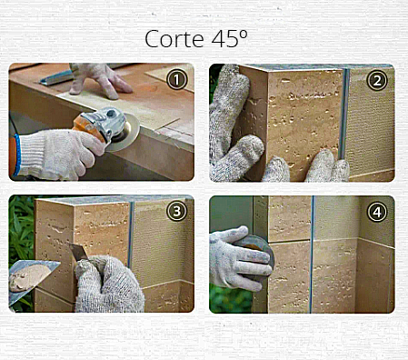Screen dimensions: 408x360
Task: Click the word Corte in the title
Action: tap(174, 39)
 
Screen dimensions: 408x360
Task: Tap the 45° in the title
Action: tap(230, 39)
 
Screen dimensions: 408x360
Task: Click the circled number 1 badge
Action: tap(177, 79)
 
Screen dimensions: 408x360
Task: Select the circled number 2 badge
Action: tap(377, 80)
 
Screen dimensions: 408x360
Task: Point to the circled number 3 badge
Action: tap(177, 211)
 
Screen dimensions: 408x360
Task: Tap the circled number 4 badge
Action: tap(377, 212)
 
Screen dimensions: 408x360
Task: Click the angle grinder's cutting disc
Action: tap(125, 134)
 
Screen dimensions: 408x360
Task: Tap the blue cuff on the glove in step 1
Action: tap(17, 155)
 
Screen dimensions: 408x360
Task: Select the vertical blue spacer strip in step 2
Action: tap(344, 114)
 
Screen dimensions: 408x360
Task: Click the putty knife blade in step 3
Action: tap(78, 252)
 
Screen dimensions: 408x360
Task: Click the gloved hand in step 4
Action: tap(239, 257)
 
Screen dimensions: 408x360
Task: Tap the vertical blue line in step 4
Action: tap(312, 255)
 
